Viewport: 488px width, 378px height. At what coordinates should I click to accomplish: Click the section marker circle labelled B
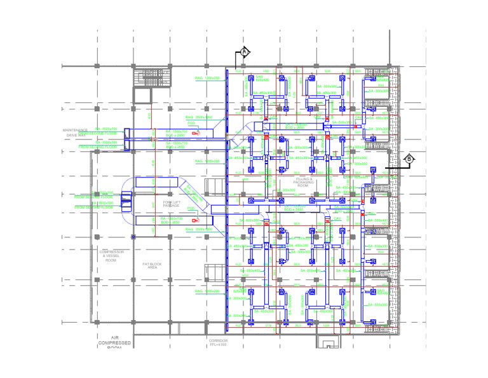(x=410, y=158)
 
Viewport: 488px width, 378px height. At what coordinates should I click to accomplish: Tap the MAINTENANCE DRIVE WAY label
(x=75, y=132)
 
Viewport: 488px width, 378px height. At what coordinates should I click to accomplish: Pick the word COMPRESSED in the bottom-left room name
(x=115, y=343)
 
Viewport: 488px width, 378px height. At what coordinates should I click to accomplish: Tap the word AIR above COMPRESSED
(x=115, y=337)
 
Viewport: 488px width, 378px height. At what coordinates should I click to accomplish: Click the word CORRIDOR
(x=217, y=340)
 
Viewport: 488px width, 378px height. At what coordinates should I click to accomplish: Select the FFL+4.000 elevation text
(x=217, y=344)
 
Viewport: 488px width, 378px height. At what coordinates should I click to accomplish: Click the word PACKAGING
(x=304, y=183)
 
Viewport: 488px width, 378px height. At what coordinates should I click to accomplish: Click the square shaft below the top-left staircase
(x=141, y=97)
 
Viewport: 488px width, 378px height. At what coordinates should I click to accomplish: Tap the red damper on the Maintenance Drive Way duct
(x=196, y=134)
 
